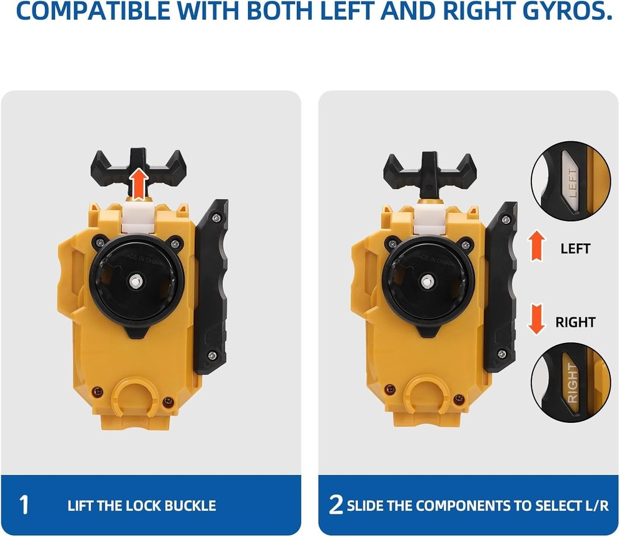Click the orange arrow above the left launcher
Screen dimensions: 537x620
(140, 184)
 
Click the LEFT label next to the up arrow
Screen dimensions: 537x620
(575, 249)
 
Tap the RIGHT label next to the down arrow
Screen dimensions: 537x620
(575, 322)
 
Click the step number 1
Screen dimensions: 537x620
(24, 505)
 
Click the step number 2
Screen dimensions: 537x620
(336, 505)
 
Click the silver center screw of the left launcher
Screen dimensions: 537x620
(135, 281)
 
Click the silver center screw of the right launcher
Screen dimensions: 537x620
(426, 281)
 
